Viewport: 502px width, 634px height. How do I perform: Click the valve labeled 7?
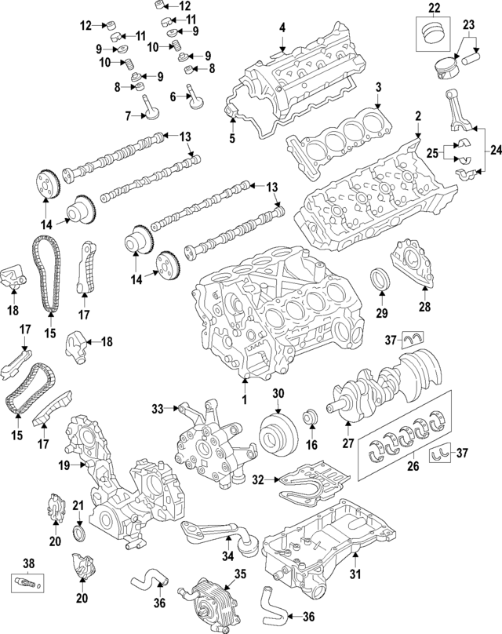tap(147, 111)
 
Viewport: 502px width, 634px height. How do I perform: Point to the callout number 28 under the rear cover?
tap(424, 307)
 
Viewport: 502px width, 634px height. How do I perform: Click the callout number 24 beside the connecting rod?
tap(494, 149)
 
